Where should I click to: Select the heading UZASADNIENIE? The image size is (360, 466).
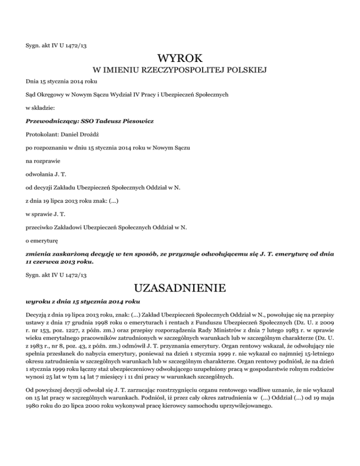(x=180, y=286)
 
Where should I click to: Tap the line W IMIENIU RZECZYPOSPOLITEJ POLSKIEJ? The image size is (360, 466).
(x=180, y=71)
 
